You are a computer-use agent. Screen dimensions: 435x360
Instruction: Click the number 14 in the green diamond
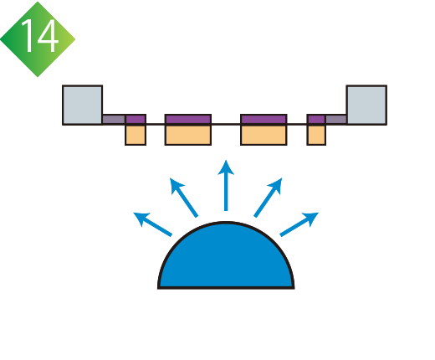point(40,36)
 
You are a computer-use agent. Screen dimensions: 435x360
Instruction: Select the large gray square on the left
point(83,105)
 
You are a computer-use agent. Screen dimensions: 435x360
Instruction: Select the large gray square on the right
point(366,105)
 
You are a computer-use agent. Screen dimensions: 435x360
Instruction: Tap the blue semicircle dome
point(226,255)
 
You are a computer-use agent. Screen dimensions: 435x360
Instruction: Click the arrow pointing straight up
point(226,185)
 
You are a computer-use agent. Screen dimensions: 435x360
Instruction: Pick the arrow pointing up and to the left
point(183,197)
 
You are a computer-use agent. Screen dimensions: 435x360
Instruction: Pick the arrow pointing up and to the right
point(268,197)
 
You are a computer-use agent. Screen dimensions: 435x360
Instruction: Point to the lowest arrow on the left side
point(152,224)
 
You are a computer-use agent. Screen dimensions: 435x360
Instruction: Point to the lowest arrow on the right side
point(299,224)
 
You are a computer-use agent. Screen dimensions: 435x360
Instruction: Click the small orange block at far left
point(136,135)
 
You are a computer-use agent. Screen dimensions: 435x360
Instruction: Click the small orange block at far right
point(316,135)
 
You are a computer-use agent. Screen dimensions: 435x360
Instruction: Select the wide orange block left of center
point(188,135)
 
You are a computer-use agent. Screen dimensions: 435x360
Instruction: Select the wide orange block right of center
point(264,135)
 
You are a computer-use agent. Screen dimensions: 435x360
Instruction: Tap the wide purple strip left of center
point(188,119)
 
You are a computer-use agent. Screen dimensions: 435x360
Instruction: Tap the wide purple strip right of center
point(264,119)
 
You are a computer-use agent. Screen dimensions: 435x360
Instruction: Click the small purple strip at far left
point(136,119)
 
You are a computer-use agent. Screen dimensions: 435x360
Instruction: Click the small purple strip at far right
point(316,119)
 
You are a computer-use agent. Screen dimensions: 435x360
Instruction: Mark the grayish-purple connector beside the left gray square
point(114,119)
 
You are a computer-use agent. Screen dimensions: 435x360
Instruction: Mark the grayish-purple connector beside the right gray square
point(336,119)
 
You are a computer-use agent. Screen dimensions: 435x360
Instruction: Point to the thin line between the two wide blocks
point(226,124)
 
